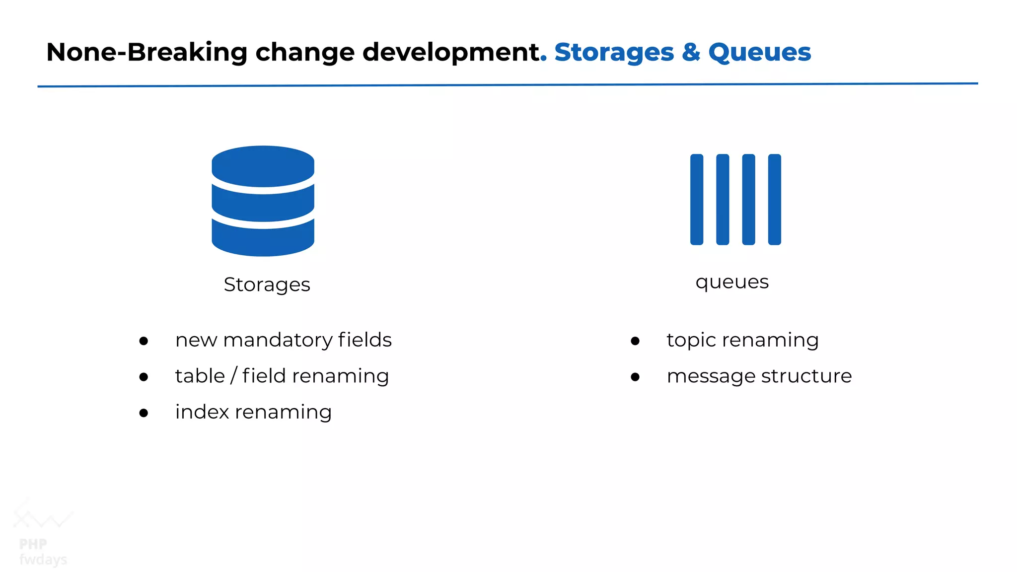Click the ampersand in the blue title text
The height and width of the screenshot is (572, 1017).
[691, 52]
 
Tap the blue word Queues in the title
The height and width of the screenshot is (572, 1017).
[759, 53]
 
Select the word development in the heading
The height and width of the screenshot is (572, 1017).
[451, 53]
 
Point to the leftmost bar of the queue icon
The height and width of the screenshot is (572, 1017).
[697, 199]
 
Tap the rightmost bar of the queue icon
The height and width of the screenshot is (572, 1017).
[774, 199]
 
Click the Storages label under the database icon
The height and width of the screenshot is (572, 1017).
[267, 285]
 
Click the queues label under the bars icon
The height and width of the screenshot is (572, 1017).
[731, 282]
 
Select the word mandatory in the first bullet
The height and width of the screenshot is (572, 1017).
[278, 341]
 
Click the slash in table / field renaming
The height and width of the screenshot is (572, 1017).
[233, 375]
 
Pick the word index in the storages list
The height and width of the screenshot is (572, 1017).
[201, 412]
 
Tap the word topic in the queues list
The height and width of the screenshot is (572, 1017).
[691, 341]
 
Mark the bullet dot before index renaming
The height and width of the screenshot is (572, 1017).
[144, 413]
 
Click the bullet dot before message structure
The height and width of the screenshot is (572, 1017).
[635, 377]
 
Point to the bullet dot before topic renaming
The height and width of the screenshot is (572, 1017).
[635, 341]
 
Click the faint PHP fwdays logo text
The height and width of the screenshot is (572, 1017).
[42, 551]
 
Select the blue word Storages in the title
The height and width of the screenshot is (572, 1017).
[614, 53]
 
